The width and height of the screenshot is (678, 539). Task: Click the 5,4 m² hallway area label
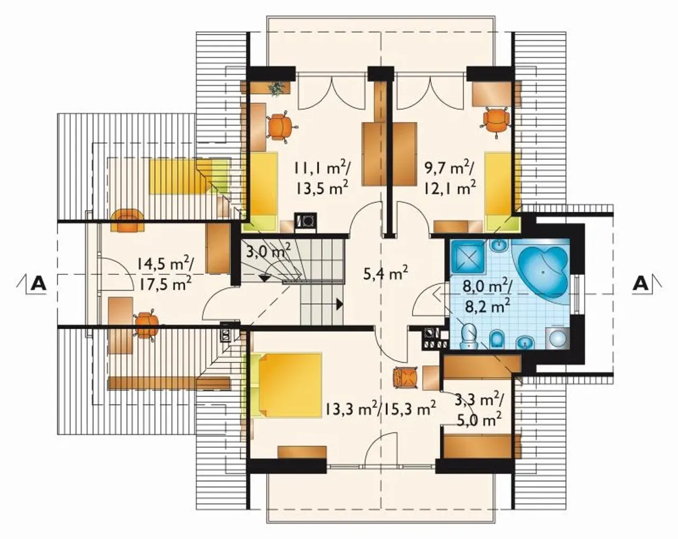(x=386, y=273)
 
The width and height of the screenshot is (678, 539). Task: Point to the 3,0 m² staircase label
(x=268, y=251)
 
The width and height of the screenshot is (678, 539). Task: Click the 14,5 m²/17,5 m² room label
(x=165, y=273)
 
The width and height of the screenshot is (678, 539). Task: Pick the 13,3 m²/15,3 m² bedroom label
(x=381, y=409)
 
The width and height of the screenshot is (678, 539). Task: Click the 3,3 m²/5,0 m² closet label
(x=479, y=409)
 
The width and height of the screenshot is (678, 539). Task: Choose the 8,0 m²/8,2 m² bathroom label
(x=487, y=297)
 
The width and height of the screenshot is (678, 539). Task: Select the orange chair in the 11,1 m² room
(x=280, y=127)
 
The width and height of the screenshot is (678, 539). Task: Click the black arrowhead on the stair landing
(x=339, y=304)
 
